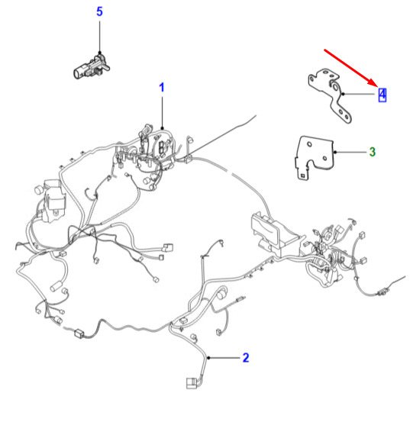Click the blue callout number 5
pyautogui.click(x=99, y=11)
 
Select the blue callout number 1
pyautogui.click(x=162, y=88)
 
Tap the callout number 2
pyautogui.click(x=246, y=358)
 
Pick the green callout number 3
pyautogui.click(x=373, y=152)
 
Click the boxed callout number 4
pyautogui.click(x=383, y=95)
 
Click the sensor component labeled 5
pyautogui.click(x=92, y=66)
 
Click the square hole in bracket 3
pyautogui.click(x=302, y=176)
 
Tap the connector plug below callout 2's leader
pyautogui.click(x=192, y=383)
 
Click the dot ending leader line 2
pyautogui.click(x=208, y=358)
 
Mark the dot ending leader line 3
pyautogui.click(x=335, y=153)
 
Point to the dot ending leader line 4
pyautogui.click(x=344, y=94)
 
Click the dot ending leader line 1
pyautogui.click(x=162, y=128)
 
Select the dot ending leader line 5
pyautogui.click(x=99, y=52)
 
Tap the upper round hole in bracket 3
pyautogui.click(x=309, y=144)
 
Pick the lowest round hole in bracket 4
pyautogui.click(x=347, y=117)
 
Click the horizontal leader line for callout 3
pyautogui.click(x=350, y=153)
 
